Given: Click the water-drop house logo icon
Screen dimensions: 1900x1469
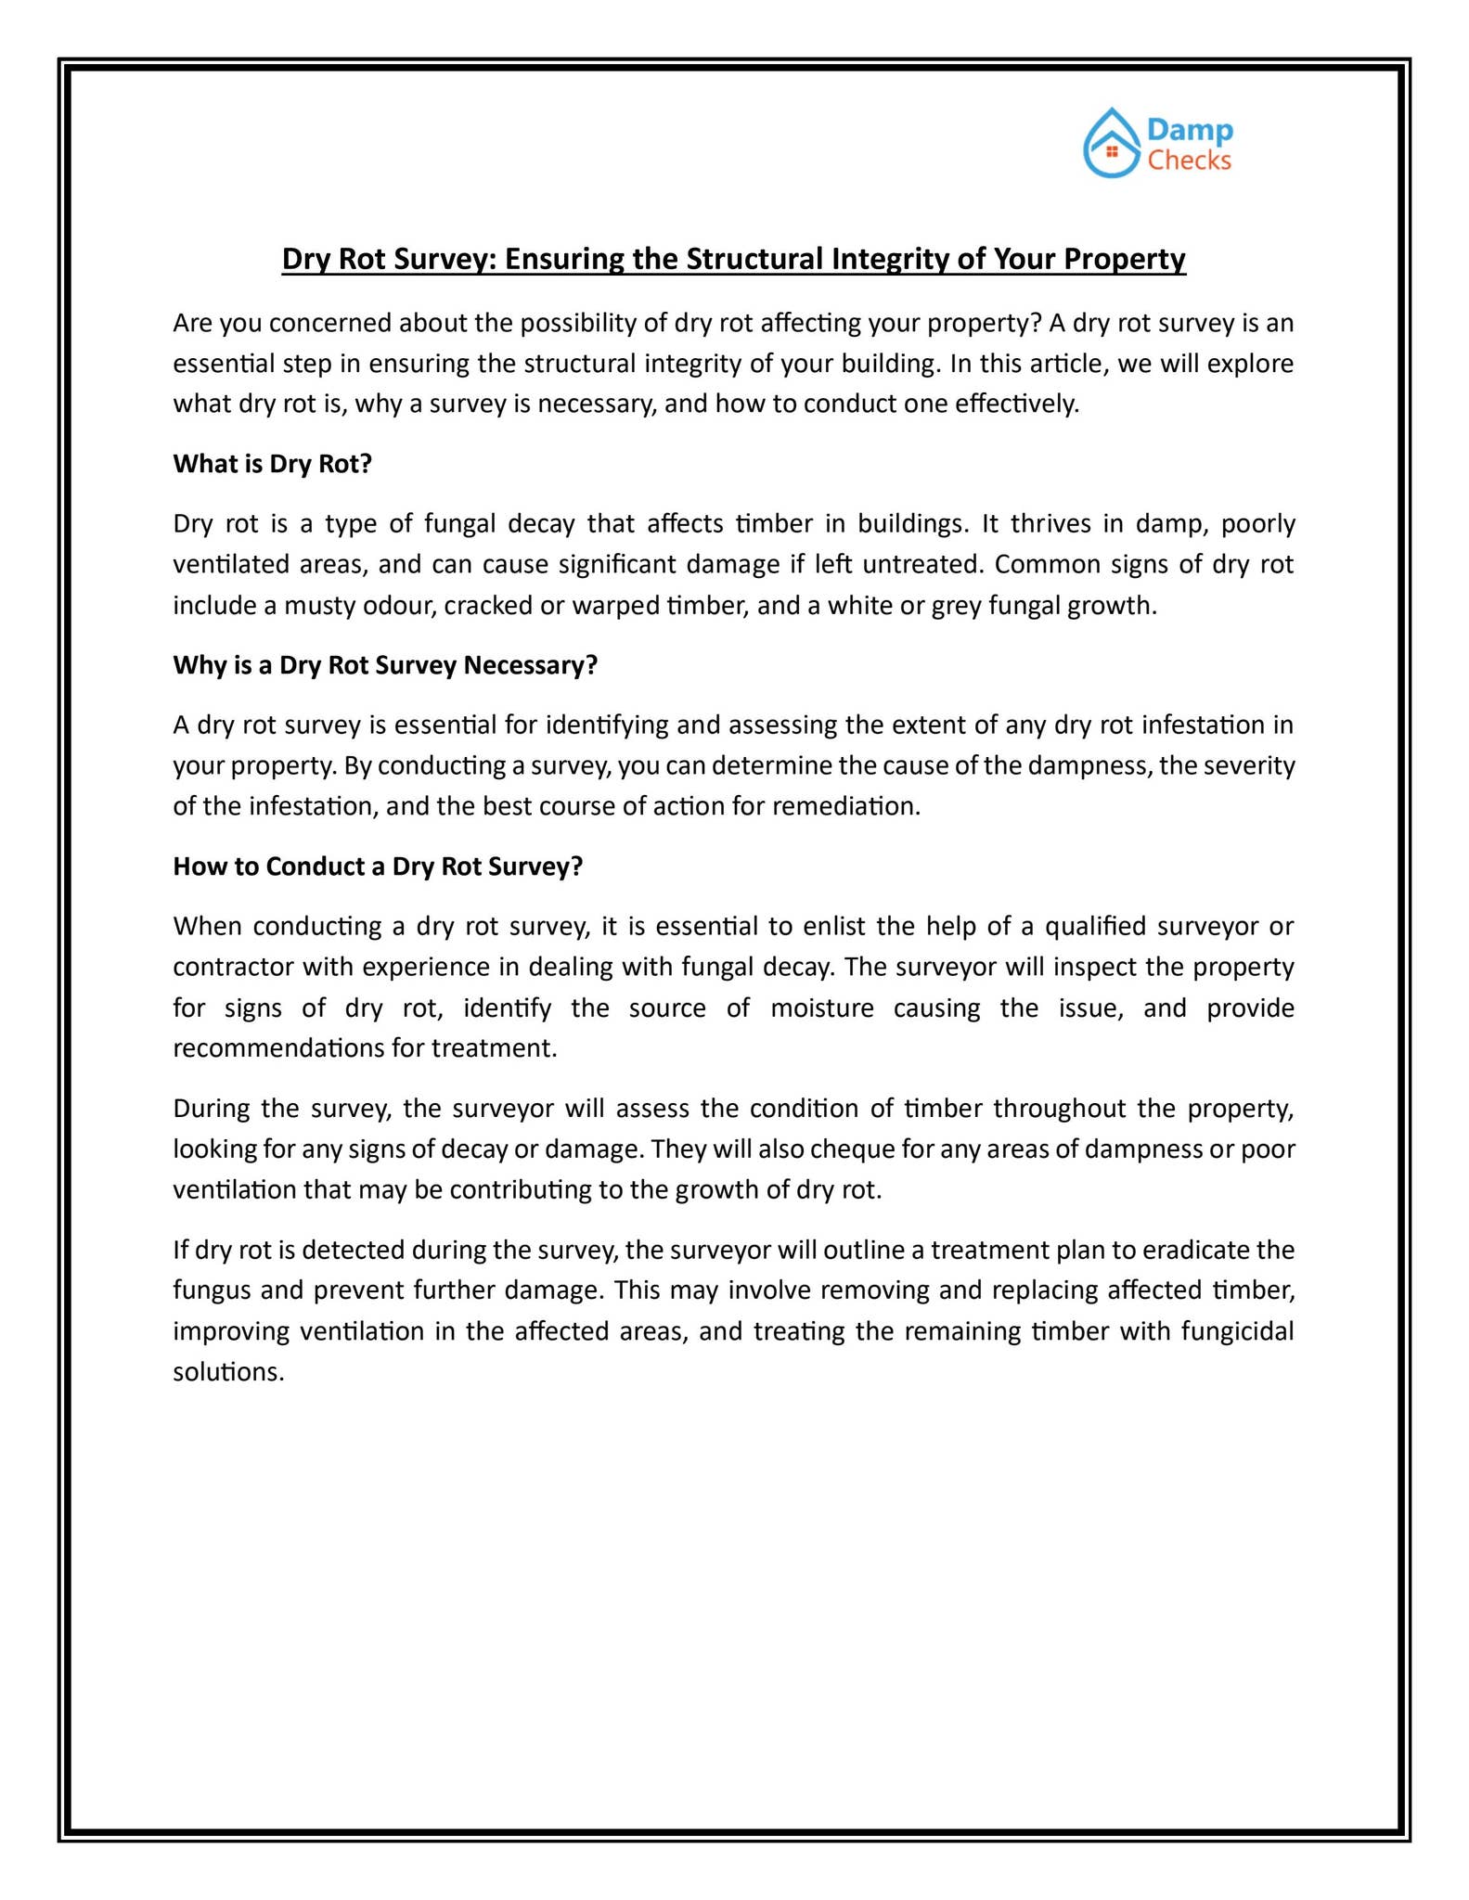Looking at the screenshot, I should [1111, 144].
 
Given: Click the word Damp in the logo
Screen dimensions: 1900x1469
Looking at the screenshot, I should [1190, 131].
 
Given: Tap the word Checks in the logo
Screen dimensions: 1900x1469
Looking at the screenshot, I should [1189, 160].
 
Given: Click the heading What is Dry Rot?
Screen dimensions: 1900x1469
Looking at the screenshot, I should [272, 464].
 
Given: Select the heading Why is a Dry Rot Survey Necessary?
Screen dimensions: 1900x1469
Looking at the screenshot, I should [385, 665].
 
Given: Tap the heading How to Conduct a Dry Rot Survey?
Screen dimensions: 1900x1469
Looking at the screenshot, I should [378, 867].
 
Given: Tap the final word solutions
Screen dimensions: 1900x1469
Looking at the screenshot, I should [228, 1372].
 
